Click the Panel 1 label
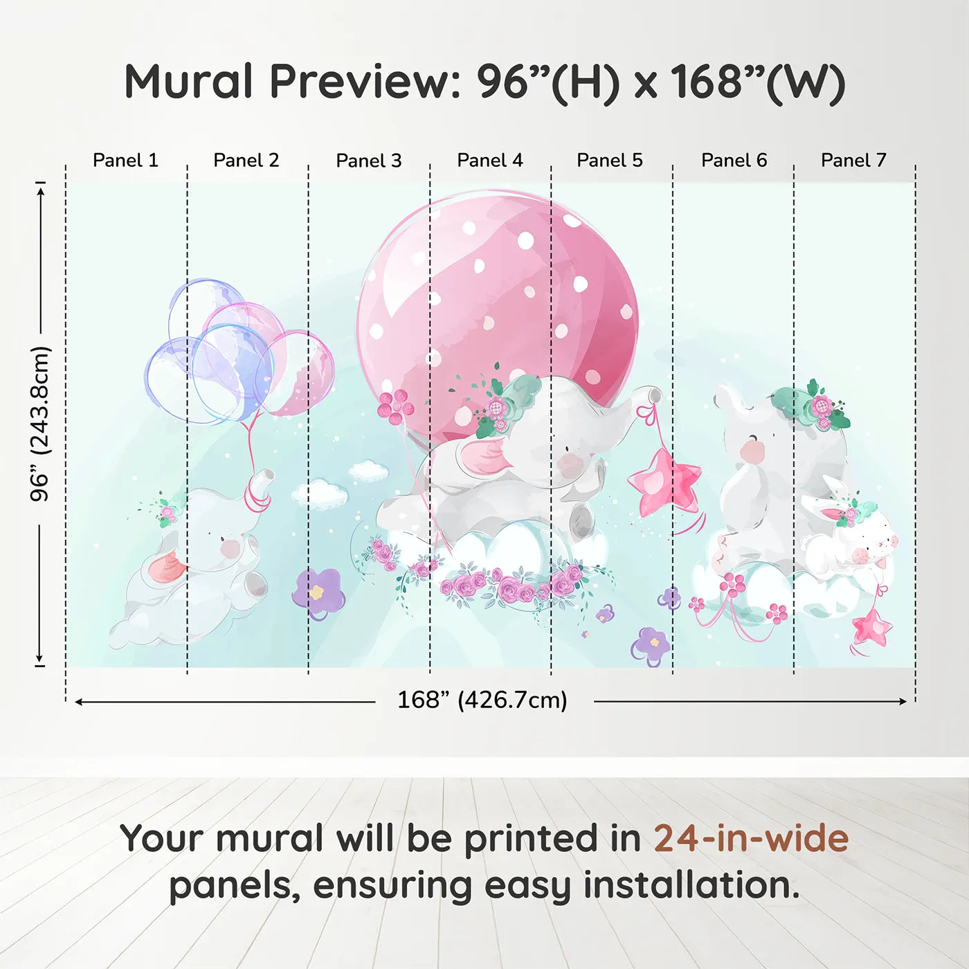tap(126, 161)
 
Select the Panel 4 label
tap(490, 161)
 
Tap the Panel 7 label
tap(853, 161)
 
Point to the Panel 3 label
tap(369, 161)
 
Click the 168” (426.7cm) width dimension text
tap(482, 700)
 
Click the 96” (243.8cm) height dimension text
tap(39, 424)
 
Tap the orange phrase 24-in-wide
tap(751, 838)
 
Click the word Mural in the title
tap(188, 82)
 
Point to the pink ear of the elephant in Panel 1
tap(168, 568)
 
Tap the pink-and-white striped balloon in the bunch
tap(297, 374)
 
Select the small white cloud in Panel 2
tap(320, 493)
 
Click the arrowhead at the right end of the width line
tap(903, 702)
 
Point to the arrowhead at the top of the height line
tap(42, 189)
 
